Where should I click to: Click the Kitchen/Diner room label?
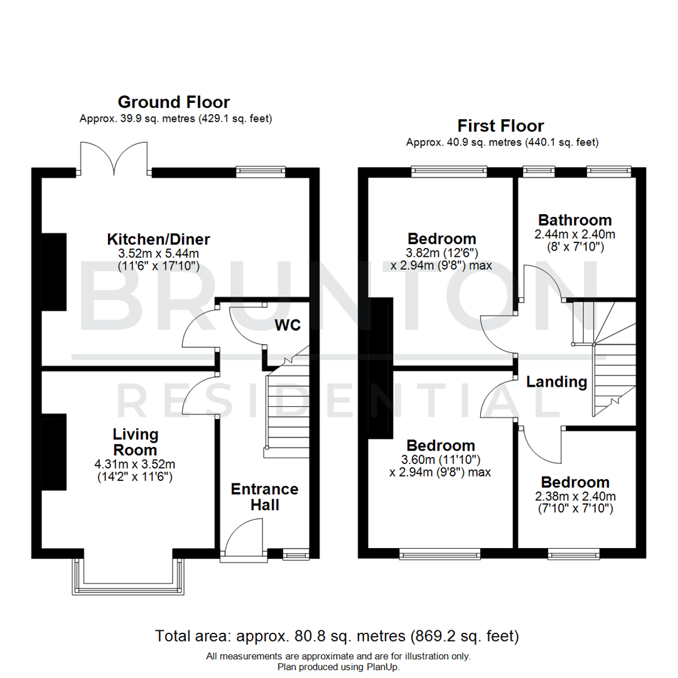pyautogui.click(x=158, y=239)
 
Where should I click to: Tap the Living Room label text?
pyautogui.click(x=136, y=442)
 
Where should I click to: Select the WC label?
pyautogui.click(x=288, y=325)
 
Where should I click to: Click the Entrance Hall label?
pyautogui.click(x=264, y=497)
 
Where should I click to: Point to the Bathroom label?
pyautogui.click(x=574, y=220)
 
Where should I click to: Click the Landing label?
pyautogui.click(x=556, y=382)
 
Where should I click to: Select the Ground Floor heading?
pyautogui.click(x=174, y=102)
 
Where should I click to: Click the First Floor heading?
pyautogui.click(x=500, y=126)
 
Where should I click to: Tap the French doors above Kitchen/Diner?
pyautogui.click(x=114, y=159)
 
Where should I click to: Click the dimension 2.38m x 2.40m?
pyautogui.click(x=575, y=496)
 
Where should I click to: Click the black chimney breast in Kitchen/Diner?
pyautogui.click(x=55, y=271)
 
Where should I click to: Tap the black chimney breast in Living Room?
pyautogui.click(x=55, y=452)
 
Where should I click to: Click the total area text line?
pyautogui.click(x=338, y=637)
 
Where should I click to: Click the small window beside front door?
pyautogui.click(x=293, y=554)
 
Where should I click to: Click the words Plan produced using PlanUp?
pyautogui.click(x=338, y=667)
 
